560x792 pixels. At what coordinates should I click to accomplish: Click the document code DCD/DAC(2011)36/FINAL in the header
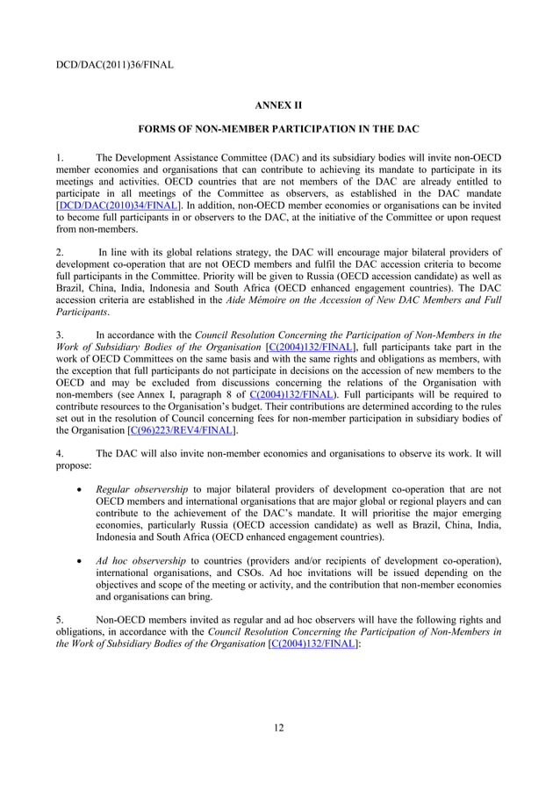tap(114, 64)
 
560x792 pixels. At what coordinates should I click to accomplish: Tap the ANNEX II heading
tap(278, 105)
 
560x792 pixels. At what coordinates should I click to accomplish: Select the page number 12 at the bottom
tap(279, 727)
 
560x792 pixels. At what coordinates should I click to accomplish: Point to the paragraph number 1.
tap(59, 157)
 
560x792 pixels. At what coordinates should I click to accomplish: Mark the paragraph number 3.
tap(59, 334)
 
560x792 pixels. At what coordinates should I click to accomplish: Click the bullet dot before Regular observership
tap(81, 489)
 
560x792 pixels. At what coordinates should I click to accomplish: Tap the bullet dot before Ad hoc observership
tap(81, 560)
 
